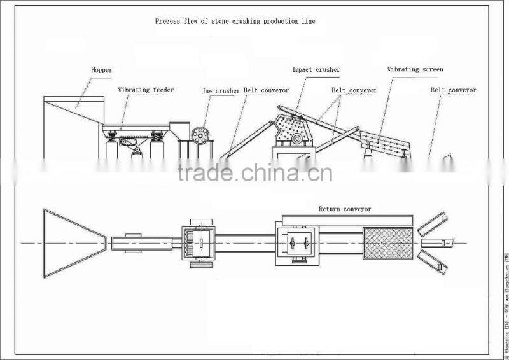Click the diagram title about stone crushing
coord(235,21)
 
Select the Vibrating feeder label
coord(146,90)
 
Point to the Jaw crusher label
coord(221,91)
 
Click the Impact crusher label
coord(316,69)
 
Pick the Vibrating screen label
coord(415,69)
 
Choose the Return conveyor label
coord(344,209)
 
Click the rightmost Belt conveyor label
coord(453,90)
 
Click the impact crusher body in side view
coord(292,130)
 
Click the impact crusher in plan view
coord(297,242)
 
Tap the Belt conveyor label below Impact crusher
coord(354,90)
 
